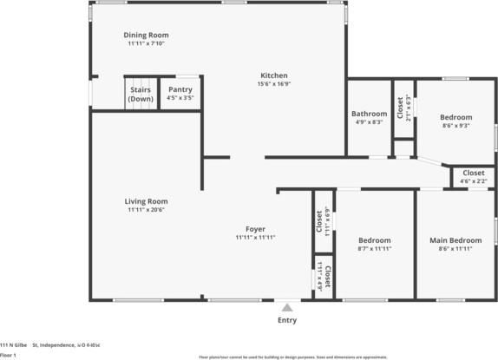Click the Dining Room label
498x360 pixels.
click(x=146, y=35)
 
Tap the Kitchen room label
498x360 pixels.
click(x=274, y=75)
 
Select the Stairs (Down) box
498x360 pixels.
click(x=141, y=94)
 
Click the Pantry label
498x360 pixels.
click(x=180, y=89)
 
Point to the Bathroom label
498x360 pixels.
click(x=369, y=114)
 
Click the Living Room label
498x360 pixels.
click(x=146, y=201)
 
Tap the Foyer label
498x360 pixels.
click(x=255, y=229)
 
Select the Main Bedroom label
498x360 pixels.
click(x=455, y=239)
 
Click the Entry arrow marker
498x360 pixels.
click(x=286, y=306)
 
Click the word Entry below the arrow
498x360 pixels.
click(x=286, y=320)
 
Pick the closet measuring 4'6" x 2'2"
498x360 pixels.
click(x=474, y=176)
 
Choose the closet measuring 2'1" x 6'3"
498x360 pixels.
click(x=403, y=107)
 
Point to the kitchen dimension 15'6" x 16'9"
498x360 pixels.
click(x=274, y=84)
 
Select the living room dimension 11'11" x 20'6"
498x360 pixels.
click(x=146, y=210)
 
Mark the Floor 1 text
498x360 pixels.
click(x=9, y=355)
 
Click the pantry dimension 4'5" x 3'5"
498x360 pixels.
click(x=180, y=98)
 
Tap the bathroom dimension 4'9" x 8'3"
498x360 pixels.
click(x=369, y=122)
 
